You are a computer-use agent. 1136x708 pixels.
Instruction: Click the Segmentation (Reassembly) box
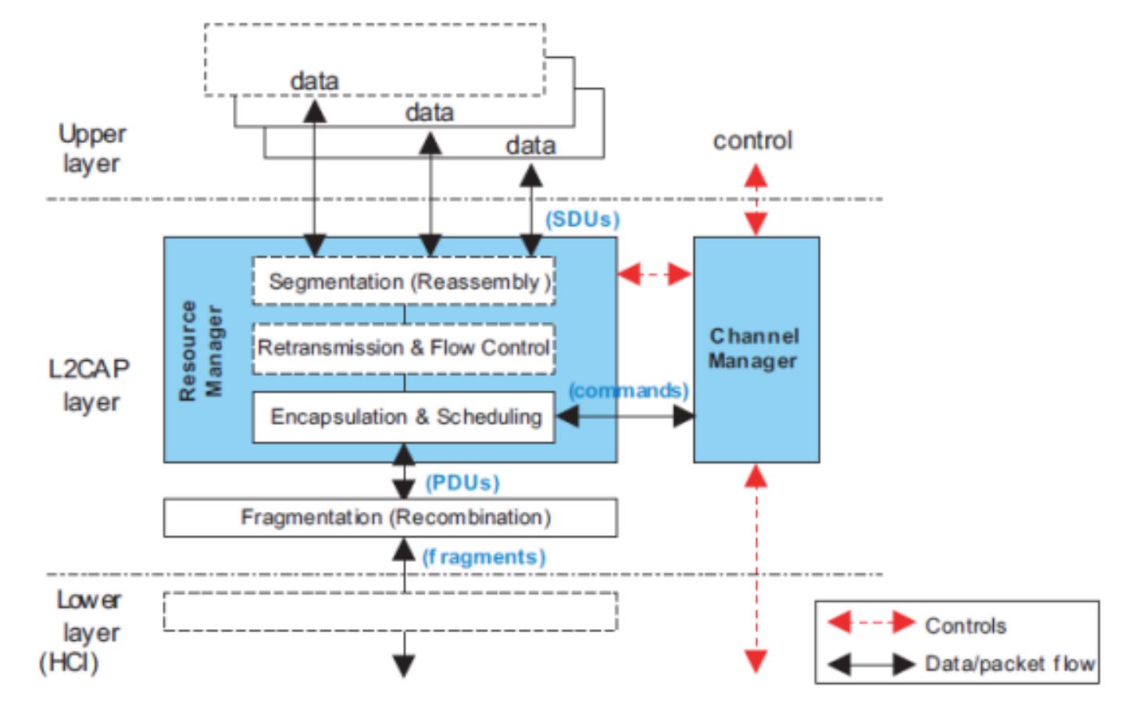pos(403,281)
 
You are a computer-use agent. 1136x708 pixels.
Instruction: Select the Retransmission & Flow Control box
pos(403,348)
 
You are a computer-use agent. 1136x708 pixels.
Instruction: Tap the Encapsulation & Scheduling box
pos(403,417)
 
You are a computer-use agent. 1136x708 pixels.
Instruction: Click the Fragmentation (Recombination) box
pos(391,517)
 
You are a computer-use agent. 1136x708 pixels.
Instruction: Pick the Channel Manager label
pos(754,349)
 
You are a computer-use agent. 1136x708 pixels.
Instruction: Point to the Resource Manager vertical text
pos(200,350)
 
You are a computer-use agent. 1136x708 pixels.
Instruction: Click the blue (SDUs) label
pos(582,220)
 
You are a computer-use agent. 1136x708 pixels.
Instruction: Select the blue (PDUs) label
pos(462,483)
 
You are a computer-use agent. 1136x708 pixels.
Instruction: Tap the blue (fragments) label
pos(484,557)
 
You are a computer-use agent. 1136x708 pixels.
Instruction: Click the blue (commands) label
pos(629,390)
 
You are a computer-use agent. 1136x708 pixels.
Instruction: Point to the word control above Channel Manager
pos(752,141)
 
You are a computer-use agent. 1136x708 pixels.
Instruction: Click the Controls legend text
pos(965,625)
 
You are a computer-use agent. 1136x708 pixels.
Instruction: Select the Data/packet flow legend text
pos(1009,663)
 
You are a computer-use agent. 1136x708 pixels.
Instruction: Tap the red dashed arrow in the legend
pos(871,623)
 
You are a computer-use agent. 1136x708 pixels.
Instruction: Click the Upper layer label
pos(91,148)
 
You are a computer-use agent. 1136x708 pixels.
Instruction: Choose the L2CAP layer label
pos(88,384)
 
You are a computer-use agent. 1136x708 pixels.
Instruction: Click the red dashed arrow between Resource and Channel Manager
pos(655,274)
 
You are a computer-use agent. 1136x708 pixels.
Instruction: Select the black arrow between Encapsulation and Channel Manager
pos(624,417)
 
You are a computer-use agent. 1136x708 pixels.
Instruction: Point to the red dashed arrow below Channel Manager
pos(756,568)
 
